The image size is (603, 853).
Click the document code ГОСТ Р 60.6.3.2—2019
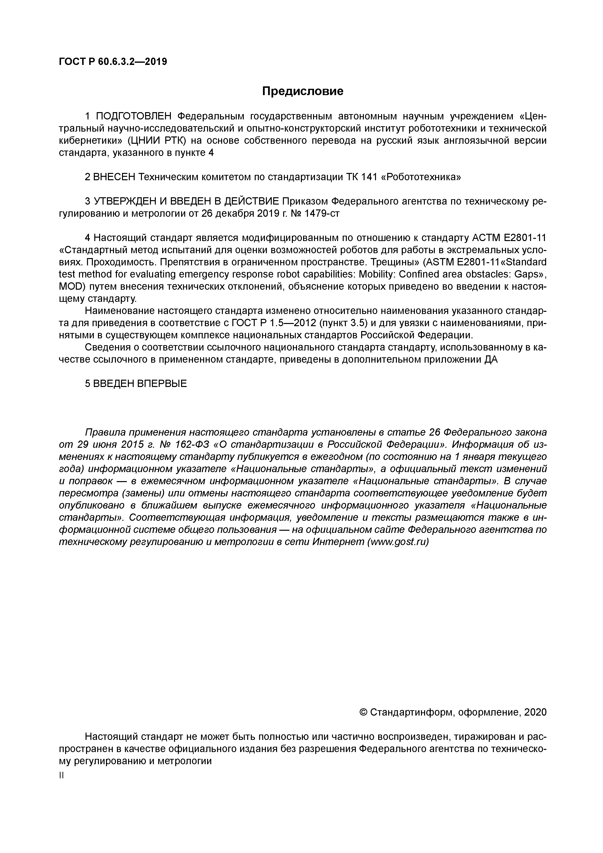click(113, 62)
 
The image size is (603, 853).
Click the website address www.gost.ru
click(398, 542)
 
